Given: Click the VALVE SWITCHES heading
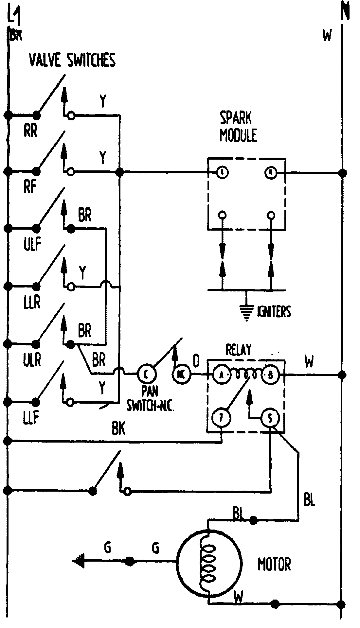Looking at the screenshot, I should pyautogui.click(x=72, y=61).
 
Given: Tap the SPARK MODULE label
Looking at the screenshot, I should pyautogui.click(x=238, y=127).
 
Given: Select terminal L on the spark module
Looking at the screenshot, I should pyautogui.click(x=223, y=172).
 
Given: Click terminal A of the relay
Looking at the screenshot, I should pyautogui.click(x=221, y=375).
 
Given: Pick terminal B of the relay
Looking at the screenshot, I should pyautogui.click(x=270, y=375).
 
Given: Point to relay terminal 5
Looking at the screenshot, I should pyautogui.click(x=270, y=418).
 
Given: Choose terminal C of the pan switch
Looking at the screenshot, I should pyautogui.click(x=145, y=373).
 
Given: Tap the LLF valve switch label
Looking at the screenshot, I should pyautogui.click(x=31, y=418).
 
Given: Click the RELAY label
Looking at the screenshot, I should pyautogui.click(x=239, y=350).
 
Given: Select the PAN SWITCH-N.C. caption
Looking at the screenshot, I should pyautogui.click(x=150, y=401).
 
